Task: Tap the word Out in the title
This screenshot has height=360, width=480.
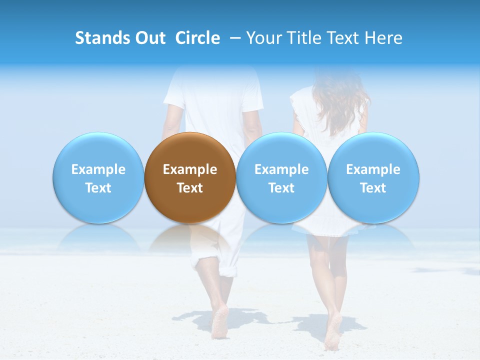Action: pyautogui.click(x=149, y=38)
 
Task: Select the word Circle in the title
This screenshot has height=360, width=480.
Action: pyautogui.click(x=197, y=38)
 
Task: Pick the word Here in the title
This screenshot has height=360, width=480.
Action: pyautogui.click(x=383, y=38)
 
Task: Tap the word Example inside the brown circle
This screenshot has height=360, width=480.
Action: pyautogui.click(x=190, y=169)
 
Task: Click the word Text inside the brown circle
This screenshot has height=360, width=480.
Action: pyautogui.click(x=190, y=188)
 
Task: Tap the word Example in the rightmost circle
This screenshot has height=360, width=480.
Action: pyautogui.click(x=373, y=169)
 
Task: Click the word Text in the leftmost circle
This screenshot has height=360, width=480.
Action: pyautogui.click(x=98, y=188)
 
